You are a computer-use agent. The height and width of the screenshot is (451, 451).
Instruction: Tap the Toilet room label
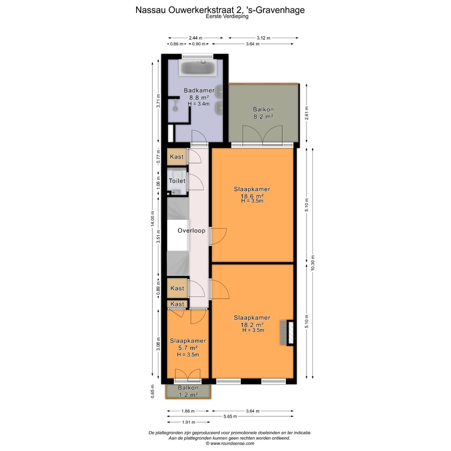(177, 181)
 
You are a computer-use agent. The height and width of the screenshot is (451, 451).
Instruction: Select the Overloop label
(191, 231)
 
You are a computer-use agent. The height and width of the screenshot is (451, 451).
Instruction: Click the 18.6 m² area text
(252, 196)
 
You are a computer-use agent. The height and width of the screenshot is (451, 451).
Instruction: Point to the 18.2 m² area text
(252, 325)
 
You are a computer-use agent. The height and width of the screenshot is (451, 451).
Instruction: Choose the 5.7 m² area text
(188, 348)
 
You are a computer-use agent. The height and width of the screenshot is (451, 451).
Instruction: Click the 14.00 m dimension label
(153, 219)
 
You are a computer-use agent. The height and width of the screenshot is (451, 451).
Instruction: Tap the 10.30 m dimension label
(313, 263)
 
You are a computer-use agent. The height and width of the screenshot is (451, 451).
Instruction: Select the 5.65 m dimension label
(230, 416)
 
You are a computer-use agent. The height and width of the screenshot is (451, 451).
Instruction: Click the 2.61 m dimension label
(307, 113)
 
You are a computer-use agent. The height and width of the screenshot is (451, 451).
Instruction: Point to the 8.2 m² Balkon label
(263, 113)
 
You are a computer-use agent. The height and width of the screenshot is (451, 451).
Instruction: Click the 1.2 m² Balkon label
(188, 391)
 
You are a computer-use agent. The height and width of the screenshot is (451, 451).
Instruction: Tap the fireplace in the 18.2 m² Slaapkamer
(287, 332)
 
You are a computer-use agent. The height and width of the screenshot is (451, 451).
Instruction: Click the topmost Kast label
(177, 157)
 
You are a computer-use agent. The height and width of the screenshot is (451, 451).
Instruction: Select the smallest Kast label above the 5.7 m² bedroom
(177, 304)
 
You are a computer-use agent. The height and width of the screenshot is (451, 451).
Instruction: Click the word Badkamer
(199, 90)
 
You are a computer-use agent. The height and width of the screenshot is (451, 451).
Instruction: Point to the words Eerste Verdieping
(227, 16)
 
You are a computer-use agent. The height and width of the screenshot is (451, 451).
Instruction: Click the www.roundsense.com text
(232, 443)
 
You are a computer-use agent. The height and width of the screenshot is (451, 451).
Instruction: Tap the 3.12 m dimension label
(264, 38)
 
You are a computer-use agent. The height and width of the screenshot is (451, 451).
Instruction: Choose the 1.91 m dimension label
(189, 422)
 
